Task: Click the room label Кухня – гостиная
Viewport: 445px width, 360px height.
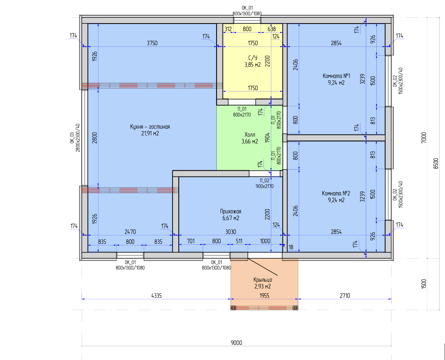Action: [x=150, y=127]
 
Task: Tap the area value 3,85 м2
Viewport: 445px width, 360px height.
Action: [x=253, y=64]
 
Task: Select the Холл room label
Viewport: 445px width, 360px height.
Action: [x=250, y=134]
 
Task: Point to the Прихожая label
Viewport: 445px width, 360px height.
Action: [x=231, y=211]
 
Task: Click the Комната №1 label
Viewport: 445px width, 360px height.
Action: [x=336, y=76]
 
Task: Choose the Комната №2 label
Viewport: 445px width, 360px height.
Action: [x=336, y=193]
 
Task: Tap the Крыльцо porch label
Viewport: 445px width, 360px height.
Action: [x=263, y=280]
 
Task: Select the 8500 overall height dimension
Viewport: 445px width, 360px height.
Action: [x=436, y=164]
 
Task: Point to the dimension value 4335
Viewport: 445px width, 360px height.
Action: [x=156, y=296]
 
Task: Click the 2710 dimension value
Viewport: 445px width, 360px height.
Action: [x=345, y=296]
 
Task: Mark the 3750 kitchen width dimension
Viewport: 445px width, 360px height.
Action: [x=152, y=43]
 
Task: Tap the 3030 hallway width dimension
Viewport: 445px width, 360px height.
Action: [x=231, y=232]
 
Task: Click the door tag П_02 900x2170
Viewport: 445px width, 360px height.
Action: [x=264, y=183]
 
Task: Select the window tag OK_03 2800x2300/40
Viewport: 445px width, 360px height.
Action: [x=75, y=138]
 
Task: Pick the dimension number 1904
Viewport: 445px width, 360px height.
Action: [x=267, y=138]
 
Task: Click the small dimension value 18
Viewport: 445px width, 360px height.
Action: [x=291, y=247]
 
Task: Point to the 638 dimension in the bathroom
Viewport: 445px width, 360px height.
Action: [x=272, y=29]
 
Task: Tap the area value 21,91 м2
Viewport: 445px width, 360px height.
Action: [x=150, y=133]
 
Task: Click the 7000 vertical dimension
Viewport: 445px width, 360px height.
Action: [x=424, y=138]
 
